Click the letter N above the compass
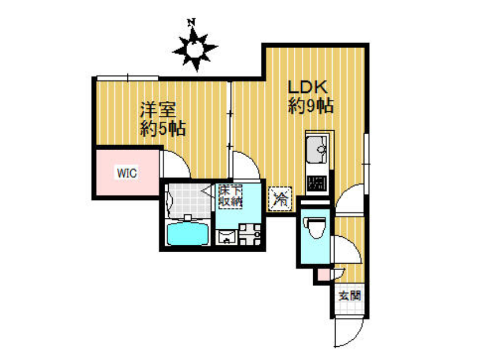point(191,22)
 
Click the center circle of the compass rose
point(194,49)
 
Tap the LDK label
point(307,87)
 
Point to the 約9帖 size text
point(310,105)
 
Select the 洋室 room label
point(158,110)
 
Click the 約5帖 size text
point(163,128)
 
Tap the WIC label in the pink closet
point(127,173)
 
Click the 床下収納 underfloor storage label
point(231,197)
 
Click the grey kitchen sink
point(316,150)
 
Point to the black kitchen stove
point(317,183)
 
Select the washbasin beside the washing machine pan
point(226,237)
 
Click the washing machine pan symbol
point(250,234)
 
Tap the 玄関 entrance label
point(349,296)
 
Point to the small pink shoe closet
point(324,275)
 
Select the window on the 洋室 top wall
point(127,78)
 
